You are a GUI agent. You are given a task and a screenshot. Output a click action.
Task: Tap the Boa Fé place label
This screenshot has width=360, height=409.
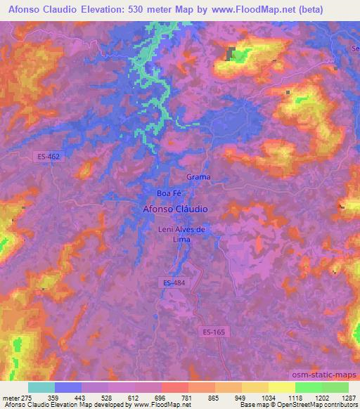tap(169, 193)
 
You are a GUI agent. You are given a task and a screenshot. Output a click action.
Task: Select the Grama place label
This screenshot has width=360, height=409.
tap(199, 177)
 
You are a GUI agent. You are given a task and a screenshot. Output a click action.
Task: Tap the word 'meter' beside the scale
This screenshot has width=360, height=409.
tap(10, 398)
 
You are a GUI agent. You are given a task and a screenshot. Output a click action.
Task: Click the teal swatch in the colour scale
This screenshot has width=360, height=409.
tap(41, 387)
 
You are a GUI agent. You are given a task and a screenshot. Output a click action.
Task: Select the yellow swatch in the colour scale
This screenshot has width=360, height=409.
tap(281, 387)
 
